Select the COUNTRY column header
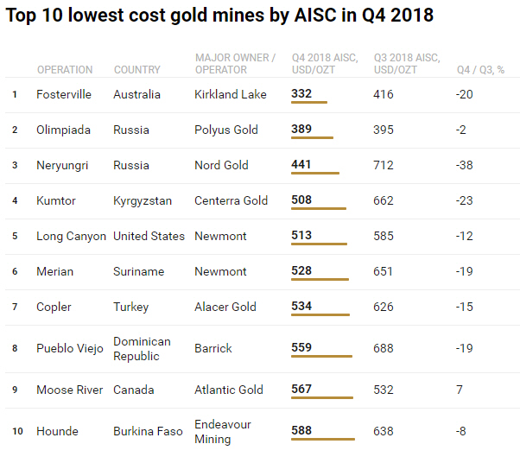point(136,70)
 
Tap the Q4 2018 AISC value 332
point(301,93)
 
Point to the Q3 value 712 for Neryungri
point(384,165)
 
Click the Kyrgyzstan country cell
point(143,200)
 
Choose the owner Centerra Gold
point(231,200)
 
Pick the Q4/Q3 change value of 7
point(460,390)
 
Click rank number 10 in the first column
point(17,431)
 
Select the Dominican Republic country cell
point(142,348)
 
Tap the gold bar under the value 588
point(323,440)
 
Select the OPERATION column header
point(65,70)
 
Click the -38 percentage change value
point(464,165)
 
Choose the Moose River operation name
point(69,390)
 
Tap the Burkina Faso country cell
point(148,431)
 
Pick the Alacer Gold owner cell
point(225,307)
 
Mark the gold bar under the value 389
point(312,138)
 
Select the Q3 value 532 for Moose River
point(384,390)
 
